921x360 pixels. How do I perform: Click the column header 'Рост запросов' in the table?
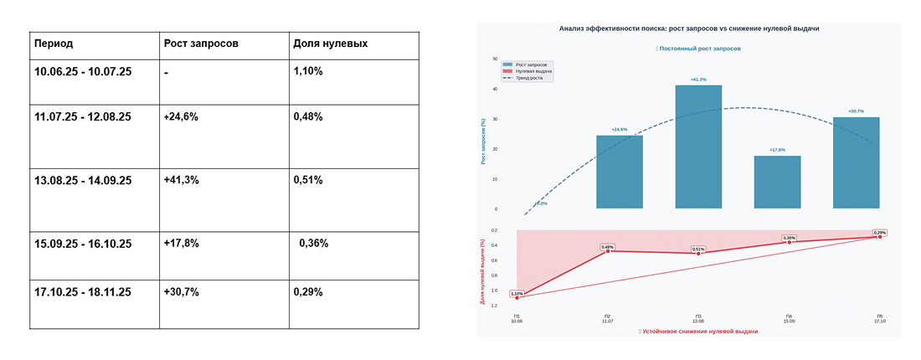point(201,44)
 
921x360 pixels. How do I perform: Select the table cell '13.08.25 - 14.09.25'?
point(83,180)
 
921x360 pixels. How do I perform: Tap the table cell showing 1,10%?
point(308,71)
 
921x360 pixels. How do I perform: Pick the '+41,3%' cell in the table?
point(181,180)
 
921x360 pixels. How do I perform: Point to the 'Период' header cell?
point(54,44)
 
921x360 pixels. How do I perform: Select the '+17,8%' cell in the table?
point(181,244)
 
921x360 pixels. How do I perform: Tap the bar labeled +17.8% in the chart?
point(777,182)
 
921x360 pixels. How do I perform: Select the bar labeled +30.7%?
point(857,162)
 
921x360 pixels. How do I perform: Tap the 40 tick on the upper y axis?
point(496,89)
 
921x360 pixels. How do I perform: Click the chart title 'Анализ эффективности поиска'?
point(688,28)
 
